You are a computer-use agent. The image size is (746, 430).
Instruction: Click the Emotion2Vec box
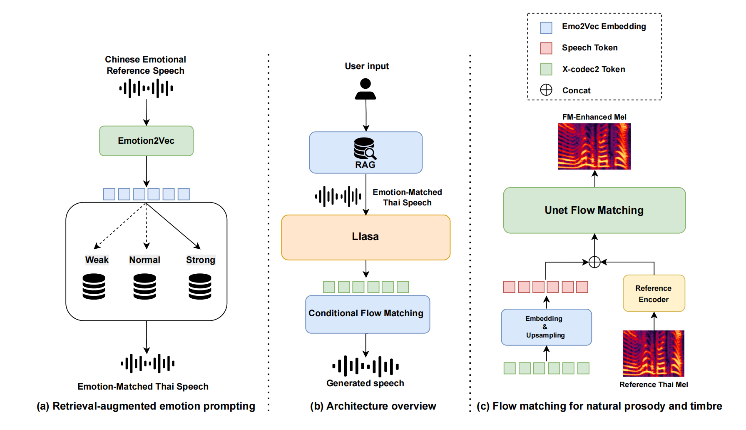pos(146,141)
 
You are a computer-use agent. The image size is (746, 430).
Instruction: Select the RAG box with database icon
pos(366,152)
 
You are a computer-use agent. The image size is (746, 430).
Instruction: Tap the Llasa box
pos(366,237)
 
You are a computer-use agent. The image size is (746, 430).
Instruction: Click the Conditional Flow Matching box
pos(368,314)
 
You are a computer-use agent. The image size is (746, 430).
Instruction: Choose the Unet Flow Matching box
pos(594,210)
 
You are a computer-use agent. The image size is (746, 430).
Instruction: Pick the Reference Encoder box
pos(654,293)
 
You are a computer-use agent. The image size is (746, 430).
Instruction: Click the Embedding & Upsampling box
pos(546,327)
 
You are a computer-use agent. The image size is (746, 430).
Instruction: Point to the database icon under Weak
pos(94,287)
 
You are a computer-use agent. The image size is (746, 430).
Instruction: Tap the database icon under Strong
pos(200,287)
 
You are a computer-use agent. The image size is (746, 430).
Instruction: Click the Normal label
pos(144,260)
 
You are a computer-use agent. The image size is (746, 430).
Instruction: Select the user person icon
pos(366,89)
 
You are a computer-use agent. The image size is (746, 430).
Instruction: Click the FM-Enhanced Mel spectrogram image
pos(594,146)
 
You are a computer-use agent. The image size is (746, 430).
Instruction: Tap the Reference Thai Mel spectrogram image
pos(654,353)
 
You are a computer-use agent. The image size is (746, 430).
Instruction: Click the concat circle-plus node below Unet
pos(594,262)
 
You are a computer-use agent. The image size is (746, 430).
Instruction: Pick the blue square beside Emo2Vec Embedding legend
pos(546,28)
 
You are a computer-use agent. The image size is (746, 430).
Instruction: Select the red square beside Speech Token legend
pos(546,48)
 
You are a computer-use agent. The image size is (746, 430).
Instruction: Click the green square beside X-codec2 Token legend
pos(546,69)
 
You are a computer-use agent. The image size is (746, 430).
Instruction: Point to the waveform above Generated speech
pos(366,367)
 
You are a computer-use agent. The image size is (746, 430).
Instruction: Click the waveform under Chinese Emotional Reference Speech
pos(146,88)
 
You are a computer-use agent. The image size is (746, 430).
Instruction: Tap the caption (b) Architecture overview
pos(373,406)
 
